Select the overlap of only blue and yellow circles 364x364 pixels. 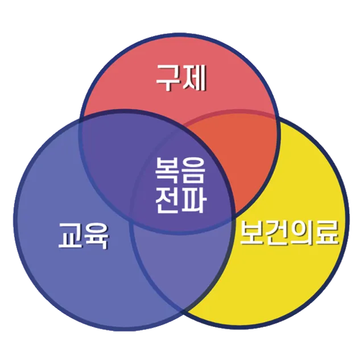point(182,267)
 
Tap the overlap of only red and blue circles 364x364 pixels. point(108,142)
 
